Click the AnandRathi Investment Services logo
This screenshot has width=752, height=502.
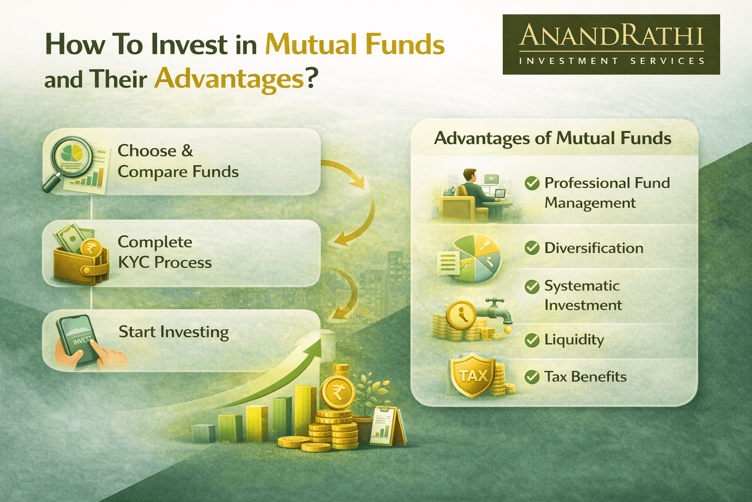pos(611,44)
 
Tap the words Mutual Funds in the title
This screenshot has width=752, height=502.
pos(354,45)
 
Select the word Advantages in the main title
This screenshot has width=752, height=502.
pos(229,79)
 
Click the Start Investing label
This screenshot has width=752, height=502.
pos(173,332)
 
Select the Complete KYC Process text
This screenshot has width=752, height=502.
pos(164,252)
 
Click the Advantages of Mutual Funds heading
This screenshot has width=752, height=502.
pos(552,138)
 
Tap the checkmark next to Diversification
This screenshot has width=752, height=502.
pos(532,248)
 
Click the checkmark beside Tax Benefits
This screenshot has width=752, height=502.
pos(532,377)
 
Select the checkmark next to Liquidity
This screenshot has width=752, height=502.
pos(532,340)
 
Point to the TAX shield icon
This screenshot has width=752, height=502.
pos(473,376)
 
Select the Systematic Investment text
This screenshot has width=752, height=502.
pos(582,295)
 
